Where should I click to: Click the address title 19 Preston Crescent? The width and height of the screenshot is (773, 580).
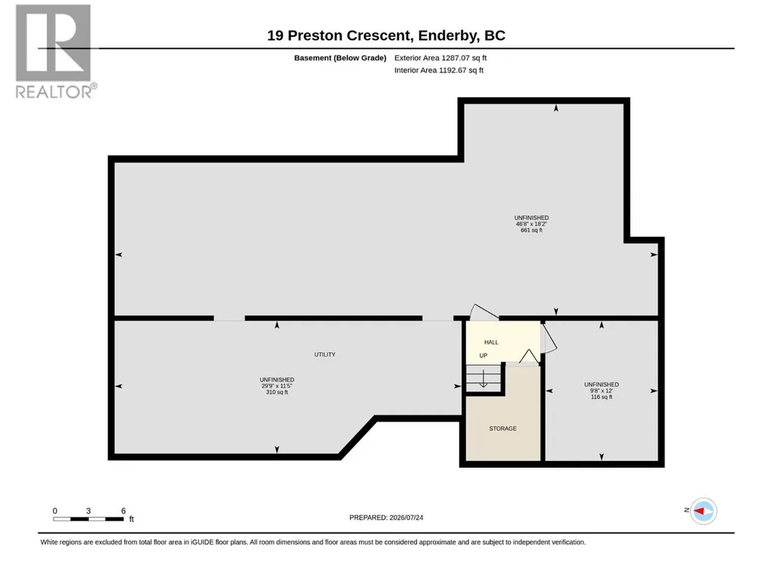pyautogui.click(x=339, y=35)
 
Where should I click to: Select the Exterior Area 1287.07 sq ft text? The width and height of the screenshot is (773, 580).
pyautogui.click(x=440, y=58)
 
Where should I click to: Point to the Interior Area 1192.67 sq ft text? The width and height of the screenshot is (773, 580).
pyautogui.click(x=439, y=70)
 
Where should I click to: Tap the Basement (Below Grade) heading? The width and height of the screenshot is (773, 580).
pyautogui.click(x=340, y=58)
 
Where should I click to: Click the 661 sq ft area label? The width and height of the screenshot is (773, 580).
pyautogui.click(x=532, y=230)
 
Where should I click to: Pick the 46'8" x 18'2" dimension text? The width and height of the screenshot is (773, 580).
pyautogui.click(x=532, y=224)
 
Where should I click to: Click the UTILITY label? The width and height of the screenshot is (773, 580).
pyautogui.click(x=325, y=354)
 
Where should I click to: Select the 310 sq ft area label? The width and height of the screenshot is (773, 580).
pyautogui.click(x=277, y=393)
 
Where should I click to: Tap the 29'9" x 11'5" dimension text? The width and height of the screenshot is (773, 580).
pyautogui.click(x=277, y=386)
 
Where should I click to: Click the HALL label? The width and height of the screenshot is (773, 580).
pyautogui.click(x=491, y=342)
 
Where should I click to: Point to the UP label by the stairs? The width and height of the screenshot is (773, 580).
pyautogui.click(x=483, y=355)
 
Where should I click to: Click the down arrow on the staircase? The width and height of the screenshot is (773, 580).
pyautogui.click(x=483, y=379)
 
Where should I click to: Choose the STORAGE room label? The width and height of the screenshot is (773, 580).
pyautogui.click(x=503, y=428)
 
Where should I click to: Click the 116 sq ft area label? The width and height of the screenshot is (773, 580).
pyautogui.click(x=602, y=397)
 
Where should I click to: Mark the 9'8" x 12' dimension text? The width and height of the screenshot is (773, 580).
pyautogui.click(x=602, y=391)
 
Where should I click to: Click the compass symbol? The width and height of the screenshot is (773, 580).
pyautogui.click(x=703, y=511)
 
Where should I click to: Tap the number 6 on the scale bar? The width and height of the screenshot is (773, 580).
pyautogui.click(x=123, y=511)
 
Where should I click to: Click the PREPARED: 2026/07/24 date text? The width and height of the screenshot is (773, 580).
pyautogui.click(x=386, y=517)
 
